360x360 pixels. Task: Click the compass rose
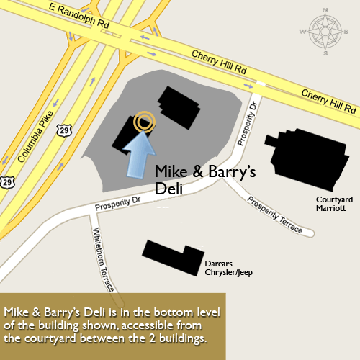(x=325, y=32)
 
